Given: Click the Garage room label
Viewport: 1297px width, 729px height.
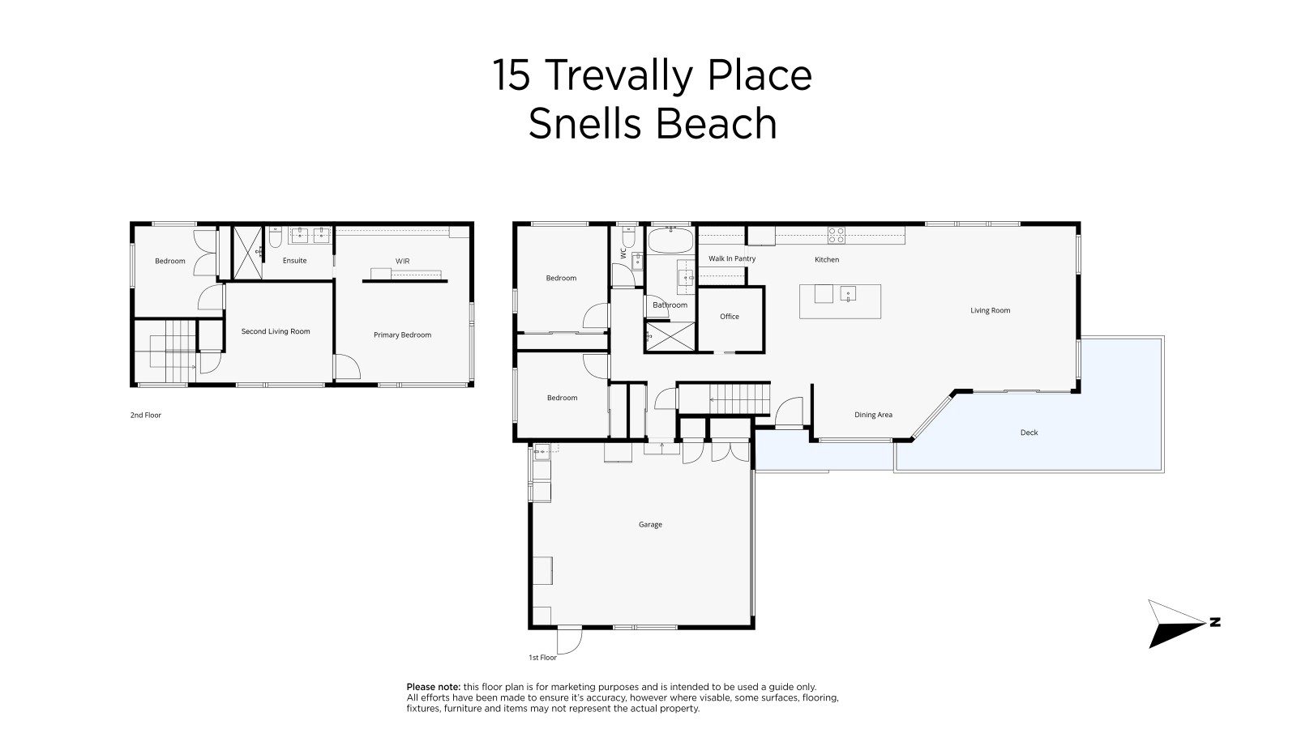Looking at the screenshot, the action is click(650, 525).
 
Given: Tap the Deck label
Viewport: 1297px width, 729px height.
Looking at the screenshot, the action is click(1029, 433).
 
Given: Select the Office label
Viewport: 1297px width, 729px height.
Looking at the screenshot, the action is click(730, 317).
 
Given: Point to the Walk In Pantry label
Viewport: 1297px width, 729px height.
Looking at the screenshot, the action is click(732, 258).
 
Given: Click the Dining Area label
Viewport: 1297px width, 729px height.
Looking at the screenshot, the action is click(873, 415).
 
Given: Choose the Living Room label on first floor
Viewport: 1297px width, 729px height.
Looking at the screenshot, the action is click(990, 311).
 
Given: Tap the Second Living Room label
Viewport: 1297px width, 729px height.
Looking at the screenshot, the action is click(276, 331).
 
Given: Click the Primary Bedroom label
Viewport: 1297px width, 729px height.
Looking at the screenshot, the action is click(402, 335).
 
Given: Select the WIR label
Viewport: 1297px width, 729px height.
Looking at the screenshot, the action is click(402, 262).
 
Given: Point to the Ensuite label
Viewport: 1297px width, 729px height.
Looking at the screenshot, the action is click(295, 261).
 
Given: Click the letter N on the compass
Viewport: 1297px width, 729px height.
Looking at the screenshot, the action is click(1215, 622).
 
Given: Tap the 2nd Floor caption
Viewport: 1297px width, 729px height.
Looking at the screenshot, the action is click(146, 416).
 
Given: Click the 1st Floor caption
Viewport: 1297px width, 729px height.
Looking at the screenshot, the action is click(542, 658).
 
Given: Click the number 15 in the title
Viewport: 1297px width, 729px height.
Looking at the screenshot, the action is click(512, 75).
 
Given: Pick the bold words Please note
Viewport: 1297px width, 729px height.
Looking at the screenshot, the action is click(434, 688).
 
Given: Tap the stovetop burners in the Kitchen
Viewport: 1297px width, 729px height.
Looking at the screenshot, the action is click(836, 235).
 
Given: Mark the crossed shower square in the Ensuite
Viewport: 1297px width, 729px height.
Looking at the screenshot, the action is click(247, 253).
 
